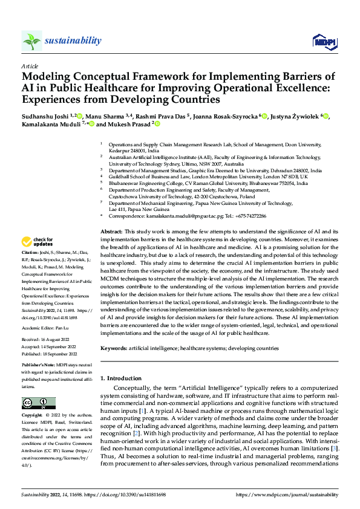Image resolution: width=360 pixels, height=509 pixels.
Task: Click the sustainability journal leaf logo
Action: pyautogui.click(x=31, y=41)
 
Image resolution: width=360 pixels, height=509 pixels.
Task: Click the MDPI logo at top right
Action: pyautogui.click(x=323, y=41)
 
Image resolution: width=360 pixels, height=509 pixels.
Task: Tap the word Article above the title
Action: pyautogui.click(x=29, y=65)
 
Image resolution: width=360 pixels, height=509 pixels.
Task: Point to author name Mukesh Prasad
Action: pyautogui.click(x=129, y=125)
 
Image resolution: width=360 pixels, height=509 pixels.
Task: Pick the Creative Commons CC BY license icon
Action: pyautogui.click(x=34, y=403)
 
